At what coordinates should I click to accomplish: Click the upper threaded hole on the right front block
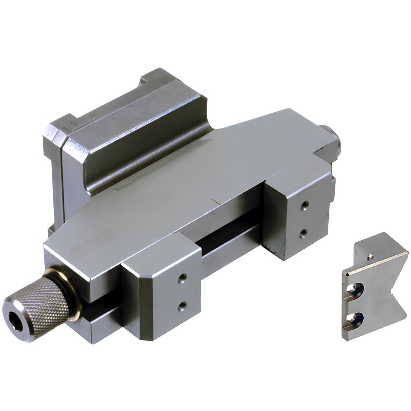pyautogui.click(x=304, y=205)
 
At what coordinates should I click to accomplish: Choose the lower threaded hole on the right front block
pyautogui.click(x=303, y=233)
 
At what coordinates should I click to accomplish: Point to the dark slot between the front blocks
pyautogui.click(x=230, y=242)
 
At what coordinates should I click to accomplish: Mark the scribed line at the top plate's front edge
pyautogui.click(x=215, y=201)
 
